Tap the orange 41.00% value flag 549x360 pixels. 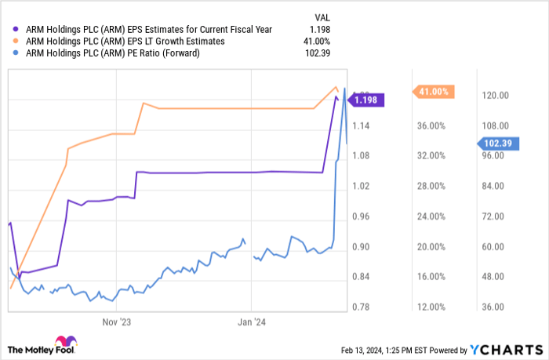(432, 92)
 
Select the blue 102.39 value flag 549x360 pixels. (496, 143)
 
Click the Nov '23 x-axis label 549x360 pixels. (116, 321)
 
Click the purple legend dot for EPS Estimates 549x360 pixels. (12, 29)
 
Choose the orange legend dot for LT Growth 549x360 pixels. (12, 41)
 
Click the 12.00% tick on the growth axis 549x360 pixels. (432, 307)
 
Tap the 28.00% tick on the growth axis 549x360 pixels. (432, 186)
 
